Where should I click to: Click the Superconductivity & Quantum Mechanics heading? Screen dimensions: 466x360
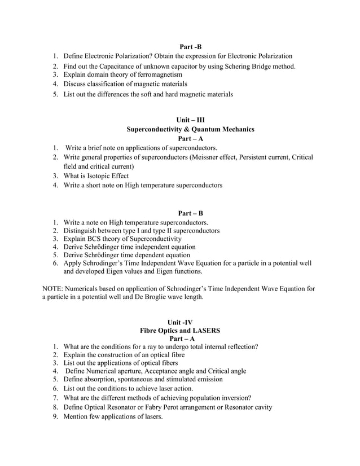coord(190,129)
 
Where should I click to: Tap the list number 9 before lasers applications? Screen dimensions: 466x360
coord(55,416)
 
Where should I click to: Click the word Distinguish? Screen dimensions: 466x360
coord(82,231)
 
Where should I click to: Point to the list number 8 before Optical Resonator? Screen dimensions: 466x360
coord(55,407)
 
